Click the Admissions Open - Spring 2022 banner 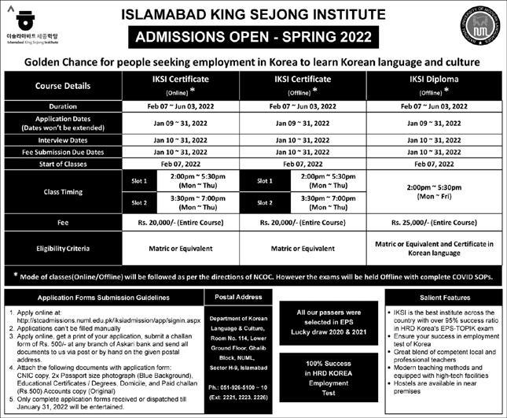pyautogui.click(x=253, y=36)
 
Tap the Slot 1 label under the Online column pyautogui.click(x=139, y=179)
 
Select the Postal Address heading pyautogui.click(x=237, y=297)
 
